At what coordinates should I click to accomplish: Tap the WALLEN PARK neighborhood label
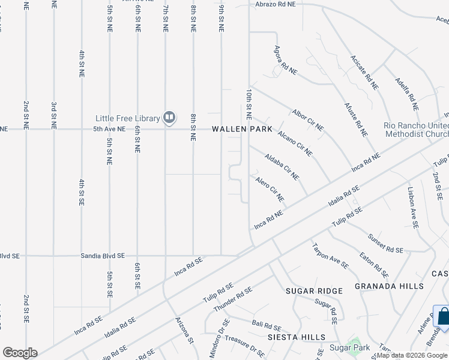[242, 130]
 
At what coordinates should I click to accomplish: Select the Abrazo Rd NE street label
[276, 4]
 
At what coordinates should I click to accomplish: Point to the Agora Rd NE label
[286, 60]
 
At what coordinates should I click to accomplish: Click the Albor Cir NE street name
[307, 120]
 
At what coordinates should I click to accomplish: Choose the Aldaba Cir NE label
[282, 166]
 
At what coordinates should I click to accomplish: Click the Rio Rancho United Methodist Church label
[416, 130]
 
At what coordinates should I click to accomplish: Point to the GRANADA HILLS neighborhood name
[389, 286]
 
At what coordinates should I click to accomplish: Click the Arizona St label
[185, 331]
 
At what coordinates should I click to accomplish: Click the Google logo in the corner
[20, 353]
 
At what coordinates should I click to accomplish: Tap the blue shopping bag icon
[442, 317]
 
